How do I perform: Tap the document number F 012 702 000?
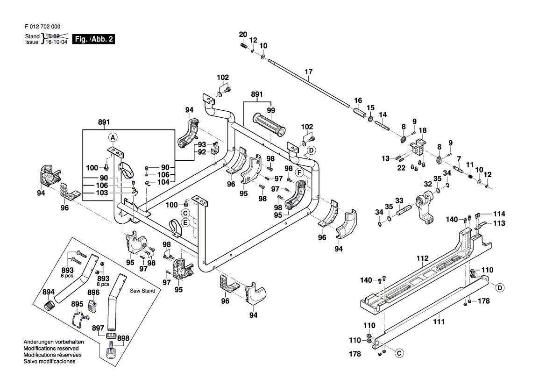[42, 27]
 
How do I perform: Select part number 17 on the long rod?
[308, 72]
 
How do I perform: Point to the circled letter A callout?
[112, 137]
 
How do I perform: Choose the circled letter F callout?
[299, 173]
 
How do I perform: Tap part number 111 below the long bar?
[439, 322]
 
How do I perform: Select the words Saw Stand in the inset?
[142, 291]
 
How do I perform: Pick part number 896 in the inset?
[93, 293]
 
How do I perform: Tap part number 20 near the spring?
[243, 34]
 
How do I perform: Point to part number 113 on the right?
[499, 223]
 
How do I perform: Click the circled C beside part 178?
[399, 354]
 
